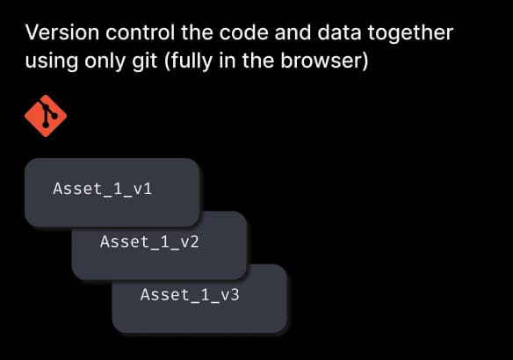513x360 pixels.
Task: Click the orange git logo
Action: point(46,116)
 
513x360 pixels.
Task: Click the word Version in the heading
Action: point(62,32)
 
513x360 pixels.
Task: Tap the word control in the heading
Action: point(140,32)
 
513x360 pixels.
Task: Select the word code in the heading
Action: point(243,32)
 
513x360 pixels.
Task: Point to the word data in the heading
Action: point(339,32)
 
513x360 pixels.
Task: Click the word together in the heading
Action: point(410,33)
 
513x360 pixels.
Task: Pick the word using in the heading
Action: point(52,61)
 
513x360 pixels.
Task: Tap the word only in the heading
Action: point(105,61)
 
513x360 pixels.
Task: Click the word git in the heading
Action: point(145,61)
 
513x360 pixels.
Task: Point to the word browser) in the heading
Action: point(324,61)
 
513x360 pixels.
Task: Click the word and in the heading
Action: point(293,32)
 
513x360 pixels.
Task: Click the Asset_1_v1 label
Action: point(103,189)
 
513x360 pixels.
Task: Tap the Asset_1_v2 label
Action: point(149,242)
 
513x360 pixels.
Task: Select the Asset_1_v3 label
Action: point(190,295)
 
